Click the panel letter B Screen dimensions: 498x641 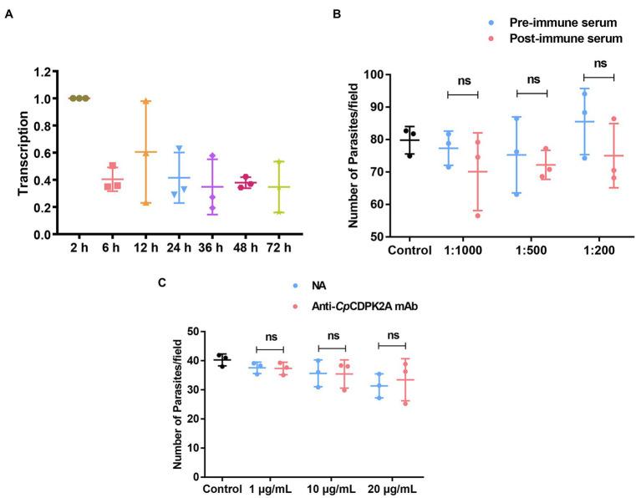tap(337, 14)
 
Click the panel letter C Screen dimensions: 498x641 tap(162, 282)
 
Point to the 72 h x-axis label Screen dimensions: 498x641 tap(277, 249)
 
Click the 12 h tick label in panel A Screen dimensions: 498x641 tap(145, 249)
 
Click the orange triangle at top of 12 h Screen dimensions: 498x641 tap(145, 101)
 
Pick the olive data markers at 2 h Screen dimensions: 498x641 tap(79, 98)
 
